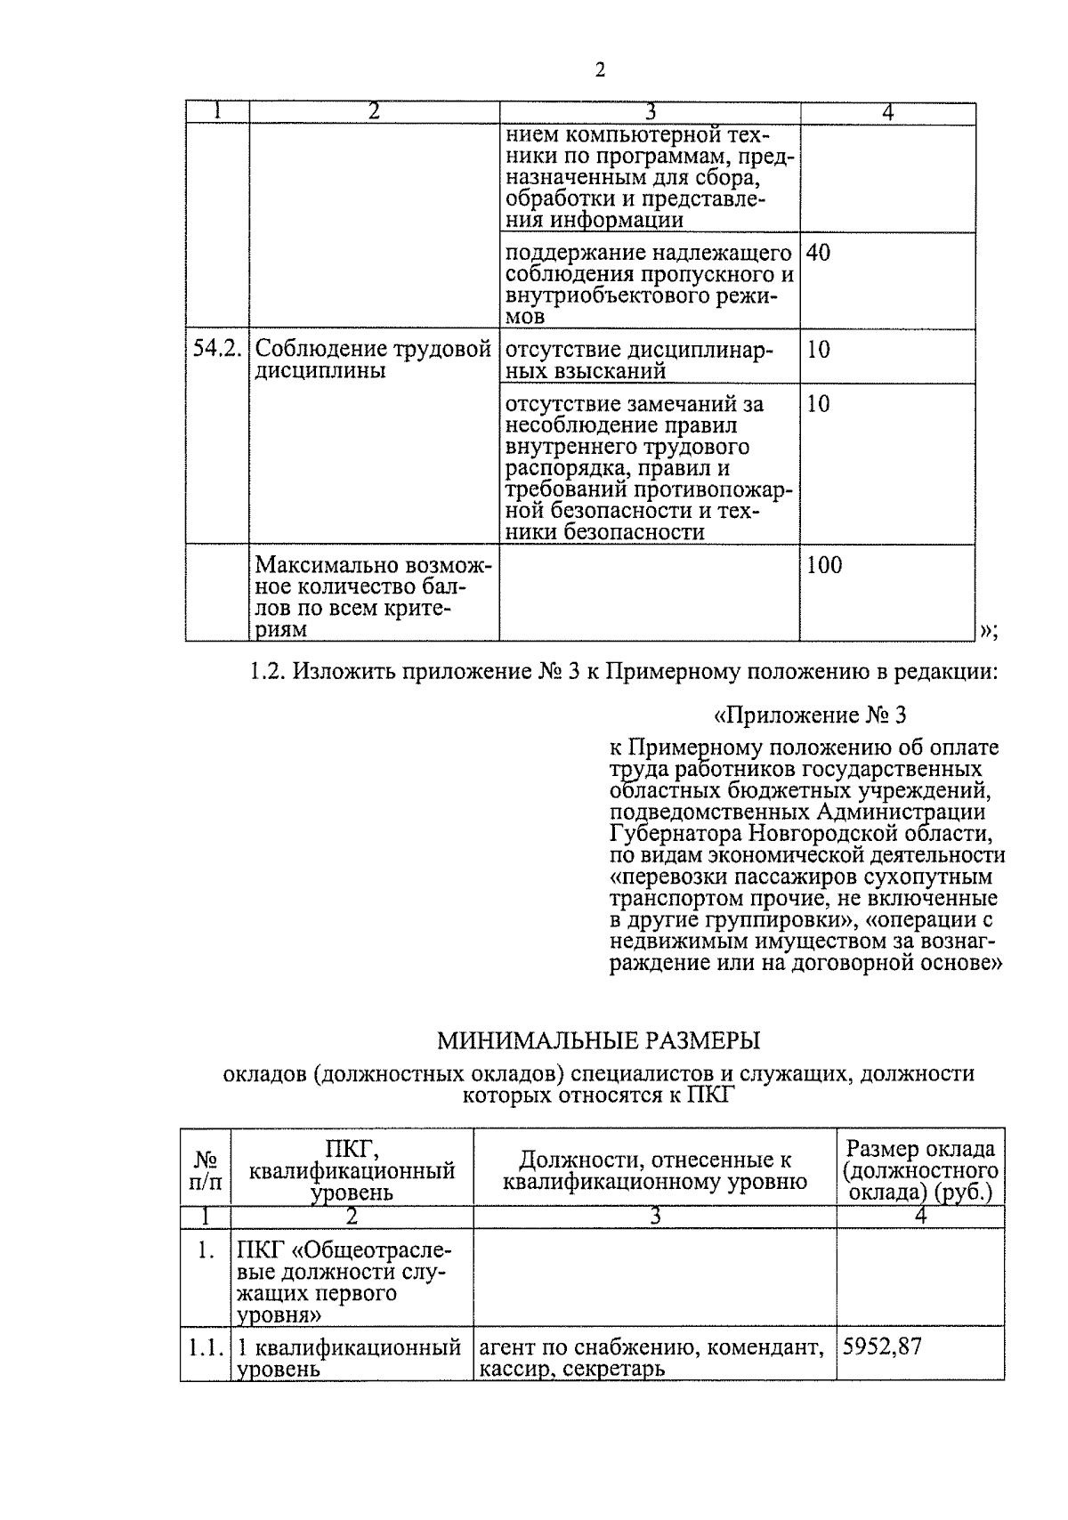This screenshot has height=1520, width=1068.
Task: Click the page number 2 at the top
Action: pos(600,70)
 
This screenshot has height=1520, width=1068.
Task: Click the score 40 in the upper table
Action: pos(818,253)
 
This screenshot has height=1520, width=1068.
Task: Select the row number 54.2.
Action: pos(217,350)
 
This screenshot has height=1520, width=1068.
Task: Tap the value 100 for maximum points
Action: pos(823,565)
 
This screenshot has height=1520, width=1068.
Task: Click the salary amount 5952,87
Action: pos(882,1346)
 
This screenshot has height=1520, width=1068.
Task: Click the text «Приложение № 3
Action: pos(810,716)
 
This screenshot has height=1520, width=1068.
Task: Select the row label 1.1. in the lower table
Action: pos(206,1347)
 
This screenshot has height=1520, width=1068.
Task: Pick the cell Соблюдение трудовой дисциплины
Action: pos(373,360)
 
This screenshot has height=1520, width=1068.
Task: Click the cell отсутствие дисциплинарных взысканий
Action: pos(638,360)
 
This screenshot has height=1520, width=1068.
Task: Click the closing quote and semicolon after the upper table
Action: pos(988,631)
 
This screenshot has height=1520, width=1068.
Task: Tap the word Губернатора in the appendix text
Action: pos(676,834)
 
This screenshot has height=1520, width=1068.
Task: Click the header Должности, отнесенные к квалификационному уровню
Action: pos(654,1170)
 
